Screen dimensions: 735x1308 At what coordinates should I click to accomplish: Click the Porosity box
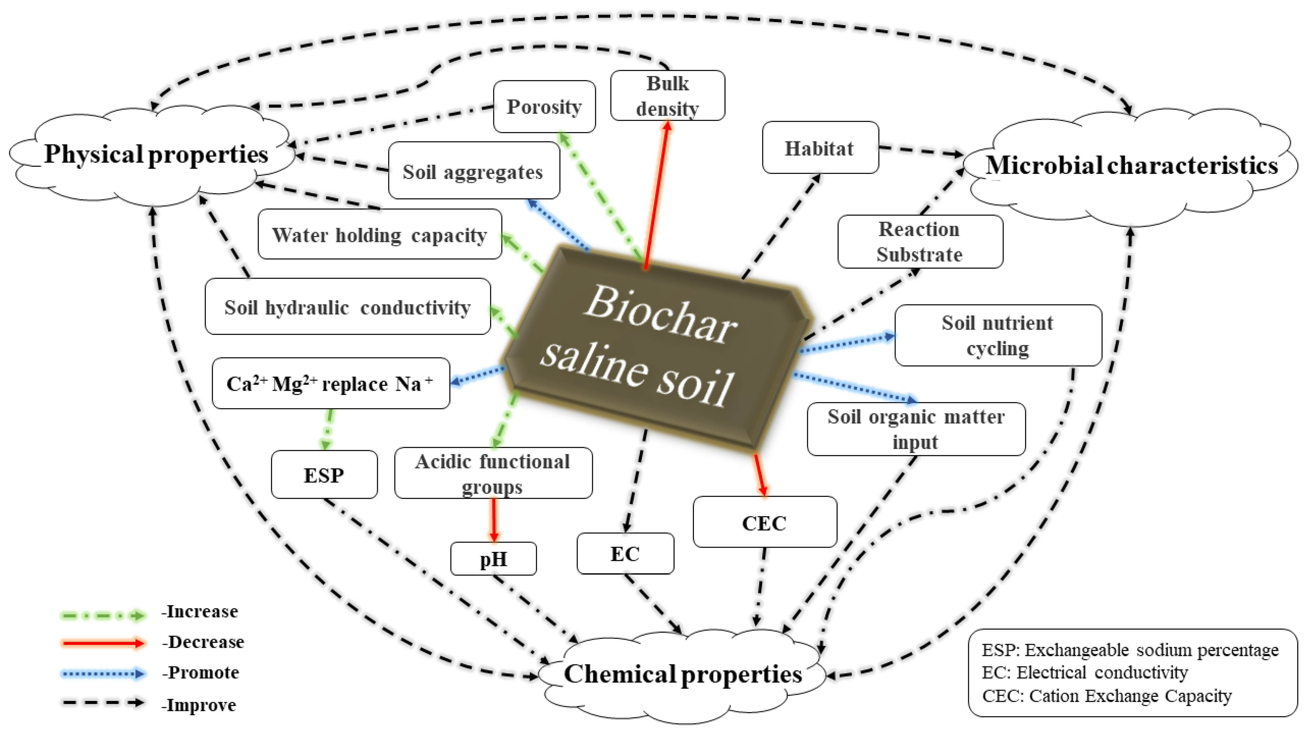click(544, 107)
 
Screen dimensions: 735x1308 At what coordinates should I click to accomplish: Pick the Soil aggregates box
click(473, 171)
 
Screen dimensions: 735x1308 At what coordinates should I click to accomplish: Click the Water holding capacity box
click(379, 235)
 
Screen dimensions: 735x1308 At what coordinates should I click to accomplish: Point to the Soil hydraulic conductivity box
click(347, 307)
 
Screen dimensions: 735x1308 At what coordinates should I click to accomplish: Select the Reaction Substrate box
click(919, 242)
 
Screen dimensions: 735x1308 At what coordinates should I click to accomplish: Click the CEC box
click(764, 522)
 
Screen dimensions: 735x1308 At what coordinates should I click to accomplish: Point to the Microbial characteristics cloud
click(1131, 166)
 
